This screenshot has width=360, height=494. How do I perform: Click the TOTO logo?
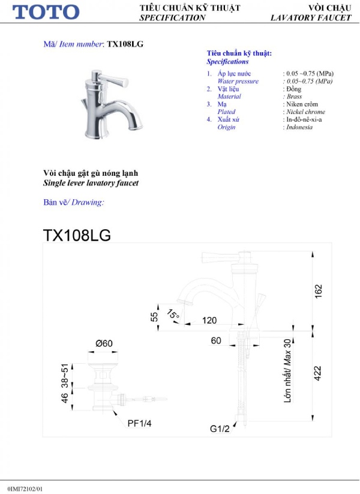46,12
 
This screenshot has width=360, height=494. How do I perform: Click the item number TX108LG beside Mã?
125,44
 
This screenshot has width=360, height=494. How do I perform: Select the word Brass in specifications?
294,97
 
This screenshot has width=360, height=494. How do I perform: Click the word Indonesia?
299,127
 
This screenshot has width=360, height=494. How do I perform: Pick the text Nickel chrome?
305,112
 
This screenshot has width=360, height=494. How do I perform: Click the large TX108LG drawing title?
77,235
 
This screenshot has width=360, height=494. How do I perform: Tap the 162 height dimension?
318,291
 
